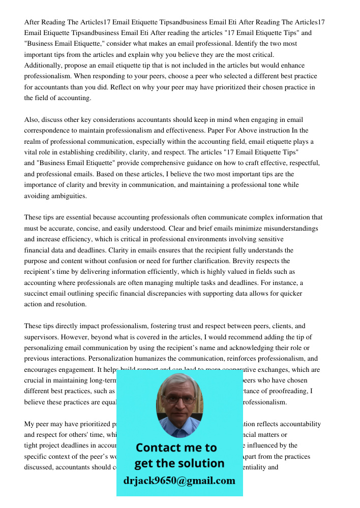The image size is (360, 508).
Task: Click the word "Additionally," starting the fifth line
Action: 42,66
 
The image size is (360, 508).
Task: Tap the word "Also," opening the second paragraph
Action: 32,120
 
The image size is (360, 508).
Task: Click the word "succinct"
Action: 37,294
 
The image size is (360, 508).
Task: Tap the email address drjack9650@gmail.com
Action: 179,481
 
